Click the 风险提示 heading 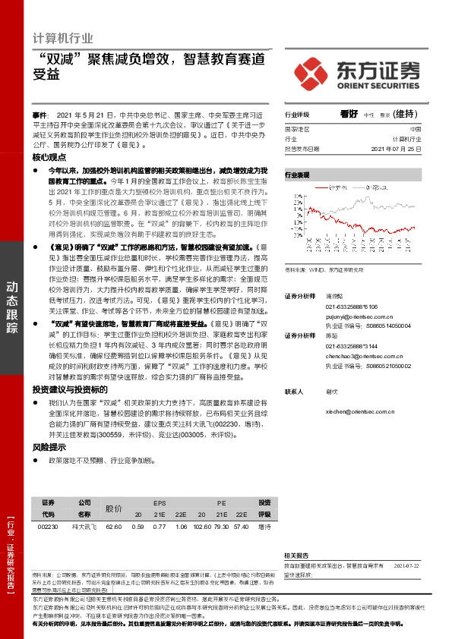tap(49, 447)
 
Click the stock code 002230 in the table tap(48, 527)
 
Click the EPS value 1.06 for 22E tap(181, 527)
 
